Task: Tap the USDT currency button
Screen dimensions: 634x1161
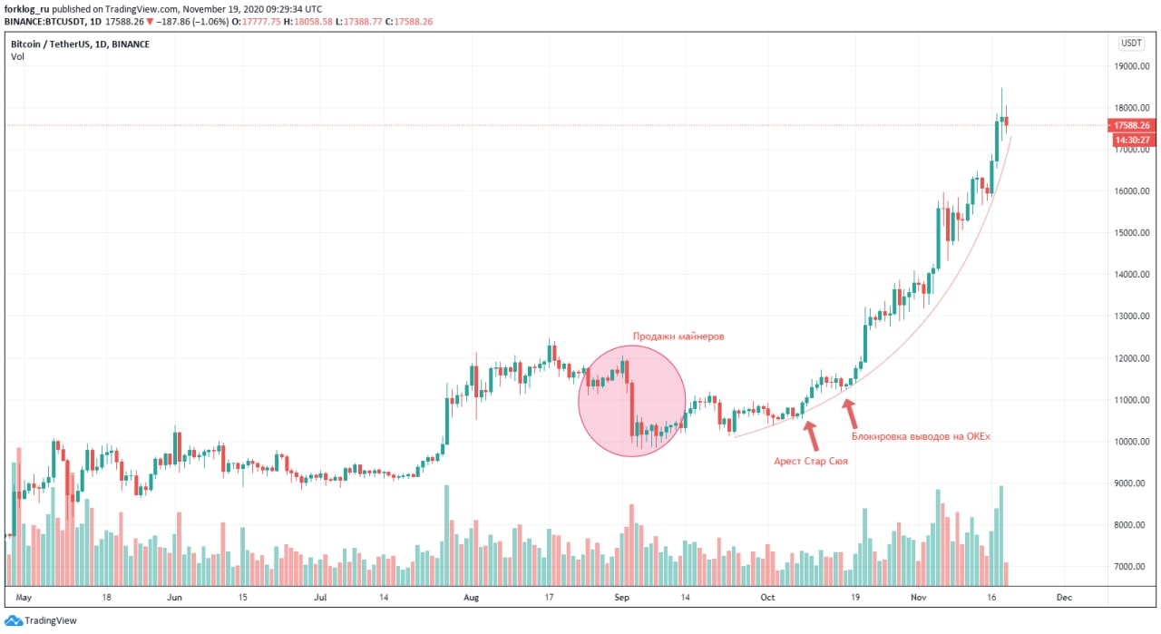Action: tap(1131, 43)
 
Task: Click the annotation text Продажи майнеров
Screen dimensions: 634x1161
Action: tap(678, 337)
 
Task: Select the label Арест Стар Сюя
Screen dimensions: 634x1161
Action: tap(811, 461)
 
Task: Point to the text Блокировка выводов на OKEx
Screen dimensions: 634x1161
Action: tap(921, 437)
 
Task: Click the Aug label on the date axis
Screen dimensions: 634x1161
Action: tap(470, 598)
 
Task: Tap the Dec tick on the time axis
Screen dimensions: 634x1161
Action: tap(1064, 598)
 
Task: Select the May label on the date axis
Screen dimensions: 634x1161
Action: tap(24, 598)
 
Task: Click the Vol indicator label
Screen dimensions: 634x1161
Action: tap(17, 56)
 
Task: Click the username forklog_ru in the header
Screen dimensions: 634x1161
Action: tap(27, 8)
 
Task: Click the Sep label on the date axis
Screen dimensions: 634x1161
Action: tap(621, 598)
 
